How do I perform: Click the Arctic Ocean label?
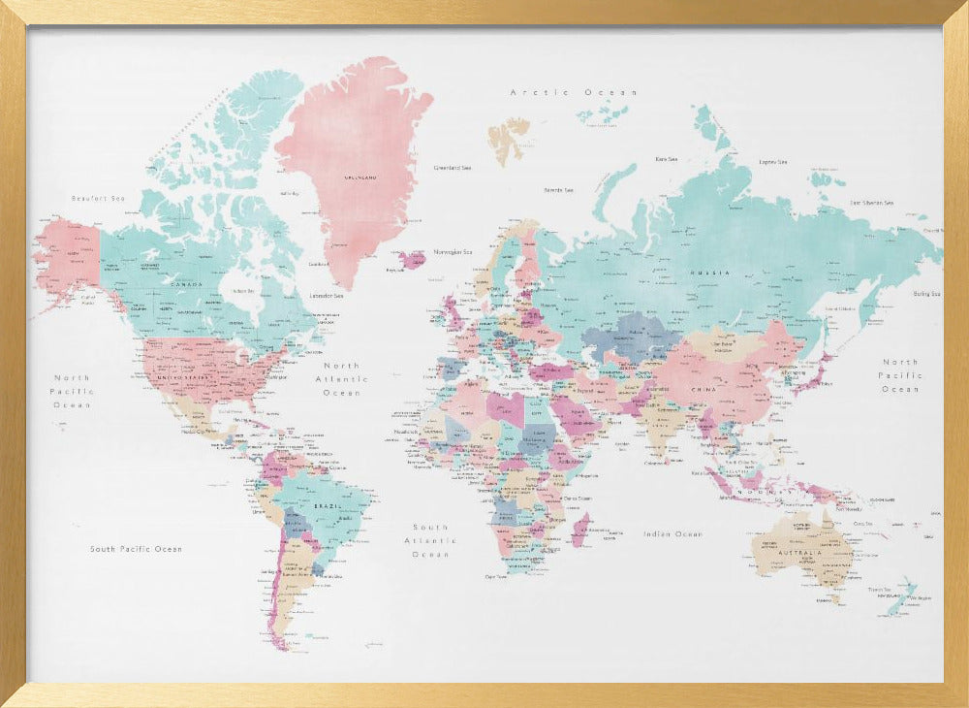(574, 92)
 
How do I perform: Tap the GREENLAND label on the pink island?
(360, 177)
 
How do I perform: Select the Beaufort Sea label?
(98, 198)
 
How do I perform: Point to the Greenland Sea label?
(453, 168)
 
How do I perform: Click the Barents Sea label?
(558, 190)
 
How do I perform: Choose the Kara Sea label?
(666, 159)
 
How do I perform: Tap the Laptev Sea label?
(772, 162)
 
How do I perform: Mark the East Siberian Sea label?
(871, 203)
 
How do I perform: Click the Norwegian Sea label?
(453, 251)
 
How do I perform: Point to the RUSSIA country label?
(704, 273)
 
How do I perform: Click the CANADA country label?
(186, 284)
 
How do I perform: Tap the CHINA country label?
(703, 389)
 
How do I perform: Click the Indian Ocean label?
(672, 534)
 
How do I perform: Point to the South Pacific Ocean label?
(136, 549)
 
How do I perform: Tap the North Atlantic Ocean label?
(341, 379)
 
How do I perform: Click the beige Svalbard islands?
(508, 138)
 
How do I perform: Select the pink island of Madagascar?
(580, 530)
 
